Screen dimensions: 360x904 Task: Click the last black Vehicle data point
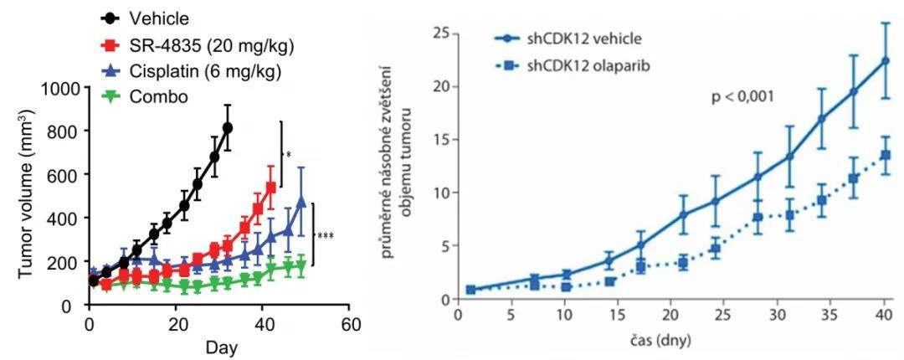[x=228, y=127]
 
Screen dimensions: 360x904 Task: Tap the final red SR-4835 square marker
[x=271, y=188]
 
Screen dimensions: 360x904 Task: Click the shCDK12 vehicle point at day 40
[x=885, y=61]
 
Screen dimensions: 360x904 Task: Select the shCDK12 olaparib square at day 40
[x=885, y=155]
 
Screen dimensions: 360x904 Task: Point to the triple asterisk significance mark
[x=325, y=236]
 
